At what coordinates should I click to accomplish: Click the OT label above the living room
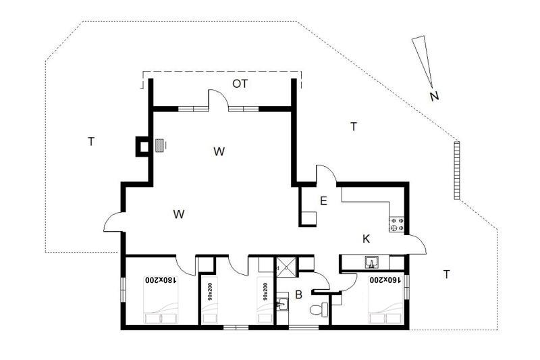[x=240, y=84]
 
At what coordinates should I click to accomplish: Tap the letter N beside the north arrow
[x=434, y=96]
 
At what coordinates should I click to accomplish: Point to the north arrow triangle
[x=423, y=59]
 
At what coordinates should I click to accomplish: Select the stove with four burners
[x=397, y=224]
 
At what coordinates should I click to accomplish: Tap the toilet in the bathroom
[x=319, y=310]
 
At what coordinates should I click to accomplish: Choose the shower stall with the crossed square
[x=286, y=266]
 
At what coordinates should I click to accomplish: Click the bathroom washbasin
[x=282, y=303]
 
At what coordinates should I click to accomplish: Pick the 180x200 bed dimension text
[x=161, y=280]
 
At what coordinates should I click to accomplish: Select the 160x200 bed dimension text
[x=385, y=280]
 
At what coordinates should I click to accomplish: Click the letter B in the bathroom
[x=298, y=295]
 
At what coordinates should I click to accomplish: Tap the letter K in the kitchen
[x=366, y=239]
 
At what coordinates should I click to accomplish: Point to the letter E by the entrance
[x=323, y=201]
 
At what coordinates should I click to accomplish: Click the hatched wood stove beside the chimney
[x=159, y=145]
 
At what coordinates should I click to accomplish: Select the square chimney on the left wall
[x=142, y=147]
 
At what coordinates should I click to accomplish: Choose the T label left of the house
[x=91, y=142]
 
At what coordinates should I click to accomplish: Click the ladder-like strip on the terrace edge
[x=457, y=170]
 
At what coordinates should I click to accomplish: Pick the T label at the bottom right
[x=446, y=275]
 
